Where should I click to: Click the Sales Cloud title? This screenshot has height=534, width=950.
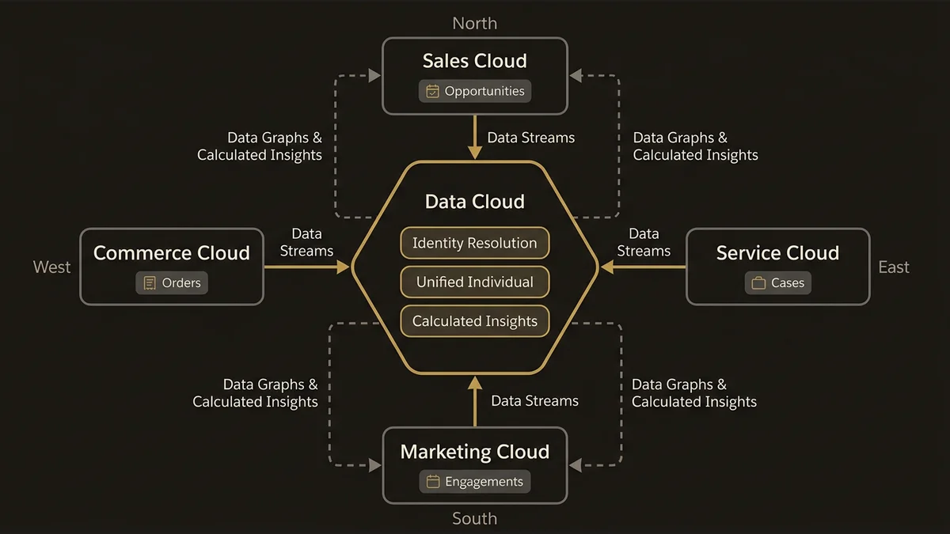pos(475,61)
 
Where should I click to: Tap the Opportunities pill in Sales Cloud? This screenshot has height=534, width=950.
pos(475,91)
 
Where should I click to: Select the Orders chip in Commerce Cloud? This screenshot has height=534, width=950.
pos(172,282)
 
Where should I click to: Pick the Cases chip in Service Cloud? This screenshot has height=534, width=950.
pos(777,282)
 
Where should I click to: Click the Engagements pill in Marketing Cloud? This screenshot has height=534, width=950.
pos(475,481)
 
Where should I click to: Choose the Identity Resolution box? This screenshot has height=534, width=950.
pos(475,243)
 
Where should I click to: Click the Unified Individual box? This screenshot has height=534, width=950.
pos(475,282)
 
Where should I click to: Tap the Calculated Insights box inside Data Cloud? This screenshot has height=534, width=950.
pos(475,321)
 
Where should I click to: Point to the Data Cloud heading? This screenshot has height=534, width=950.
pos(475,202)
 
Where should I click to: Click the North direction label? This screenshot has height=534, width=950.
pos(475,23)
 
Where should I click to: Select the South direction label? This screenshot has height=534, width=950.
pos(475,519)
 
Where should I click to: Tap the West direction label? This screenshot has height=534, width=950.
pos(52,267)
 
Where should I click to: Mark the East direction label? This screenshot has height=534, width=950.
pos(894,267)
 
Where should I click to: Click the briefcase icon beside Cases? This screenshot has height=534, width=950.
pos(758,282)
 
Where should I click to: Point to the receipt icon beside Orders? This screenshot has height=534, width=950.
pos(150,282)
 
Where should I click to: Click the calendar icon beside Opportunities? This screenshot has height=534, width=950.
pos(432,91)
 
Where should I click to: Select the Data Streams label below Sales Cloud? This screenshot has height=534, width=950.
pos(530,138)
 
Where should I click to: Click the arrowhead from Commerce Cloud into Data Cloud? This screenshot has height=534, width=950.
pos(343,267)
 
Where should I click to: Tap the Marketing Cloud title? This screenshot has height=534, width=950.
pos(475,452)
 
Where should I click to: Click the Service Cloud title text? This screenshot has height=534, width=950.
pos(777,253)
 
